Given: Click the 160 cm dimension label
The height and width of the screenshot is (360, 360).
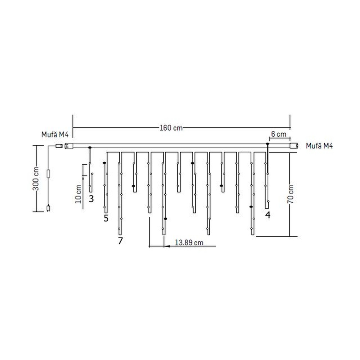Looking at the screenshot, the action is (171, 128).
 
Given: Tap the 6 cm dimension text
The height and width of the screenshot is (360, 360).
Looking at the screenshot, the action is (279, 134).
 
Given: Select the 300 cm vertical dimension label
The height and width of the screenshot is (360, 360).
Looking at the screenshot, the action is (36, 179).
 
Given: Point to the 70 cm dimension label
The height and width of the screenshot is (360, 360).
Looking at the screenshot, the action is (291, 194).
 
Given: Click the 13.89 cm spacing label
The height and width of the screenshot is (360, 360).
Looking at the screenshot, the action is (189, 242).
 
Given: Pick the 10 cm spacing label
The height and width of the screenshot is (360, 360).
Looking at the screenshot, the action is (78, 194).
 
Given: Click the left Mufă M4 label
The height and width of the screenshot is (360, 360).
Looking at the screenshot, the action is (55, 135).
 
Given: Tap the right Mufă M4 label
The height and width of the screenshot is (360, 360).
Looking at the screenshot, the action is (319, 146).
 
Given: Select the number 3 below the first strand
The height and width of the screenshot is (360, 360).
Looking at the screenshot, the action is (91, 199).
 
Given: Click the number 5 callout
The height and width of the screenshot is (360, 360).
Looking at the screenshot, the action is (106, 218).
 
